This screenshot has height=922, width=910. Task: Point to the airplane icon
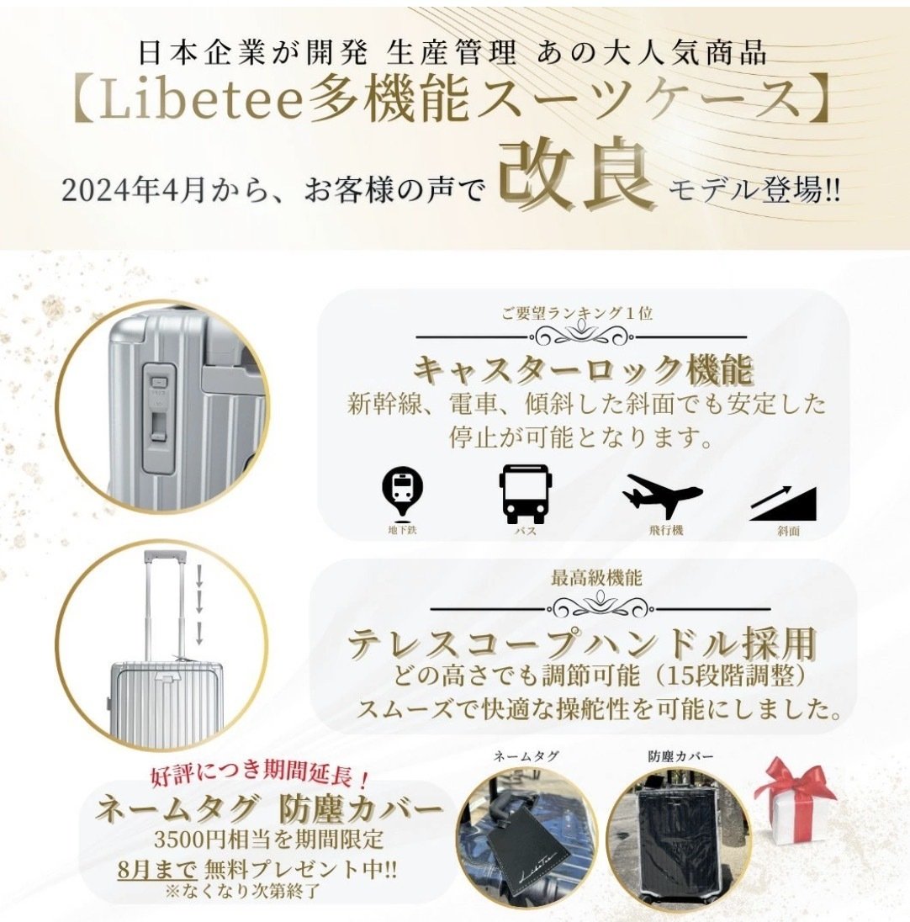[x=662, y=495]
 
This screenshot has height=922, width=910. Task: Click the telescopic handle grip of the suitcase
[x=165, y=556]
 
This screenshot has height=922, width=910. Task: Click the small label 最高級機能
[x=596, y=578]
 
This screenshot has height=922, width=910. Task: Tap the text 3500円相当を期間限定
[x=269, y=839]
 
